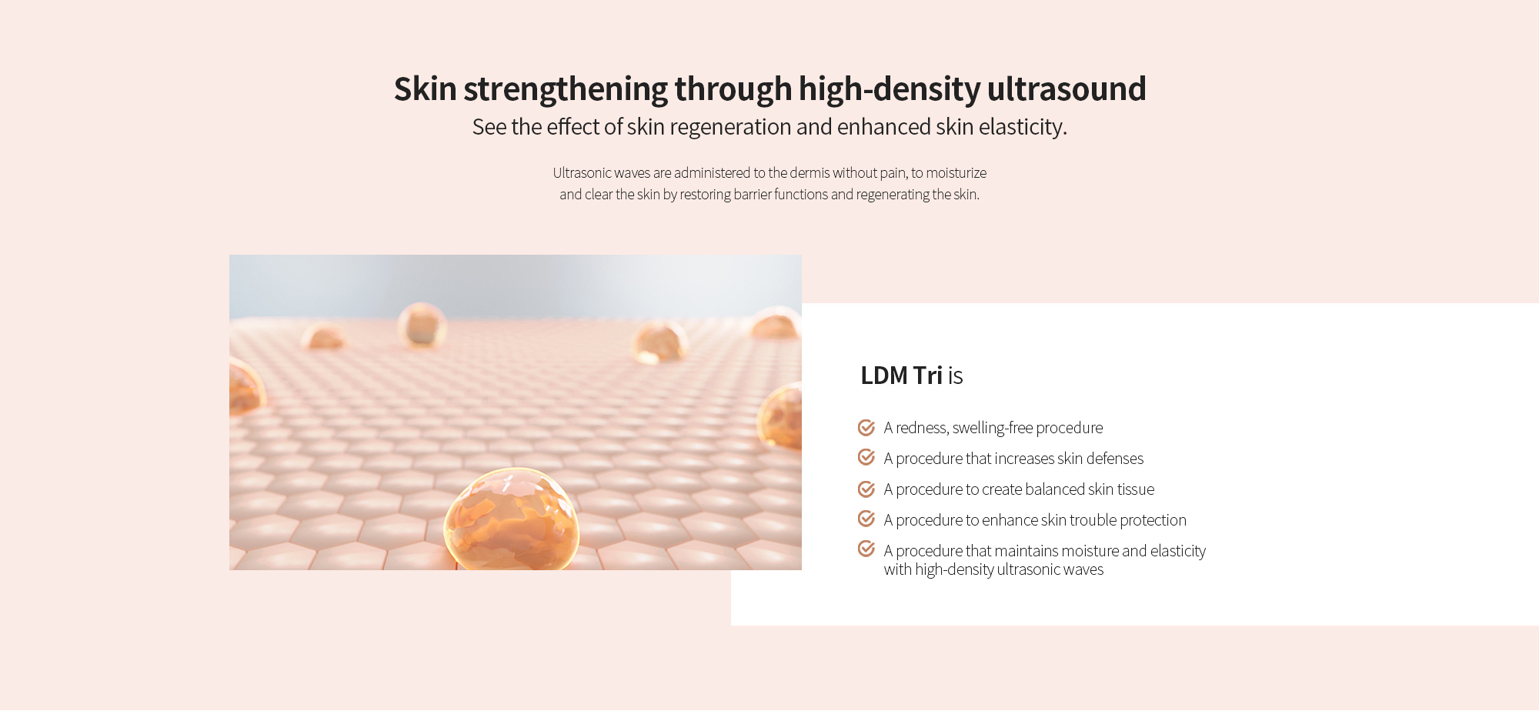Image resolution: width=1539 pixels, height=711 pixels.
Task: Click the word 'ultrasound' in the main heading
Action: pos(1066,88)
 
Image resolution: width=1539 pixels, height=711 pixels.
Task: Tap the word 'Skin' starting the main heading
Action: pos(426,88)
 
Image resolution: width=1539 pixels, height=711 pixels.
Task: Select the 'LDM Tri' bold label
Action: pos(901,376)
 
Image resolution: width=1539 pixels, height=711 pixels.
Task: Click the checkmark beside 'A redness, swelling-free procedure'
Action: pos(866,427)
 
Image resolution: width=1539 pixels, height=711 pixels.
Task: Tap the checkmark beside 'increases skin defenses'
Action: pos(866,458)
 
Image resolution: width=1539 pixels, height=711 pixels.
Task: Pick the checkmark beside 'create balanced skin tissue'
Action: pos(866,489)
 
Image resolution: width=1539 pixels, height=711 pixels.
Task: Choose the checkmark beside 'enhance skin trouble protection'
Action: pos(866,519)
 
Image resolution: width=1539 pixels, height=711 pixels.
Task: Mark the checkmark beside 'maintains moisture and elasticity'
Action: pos(866,549)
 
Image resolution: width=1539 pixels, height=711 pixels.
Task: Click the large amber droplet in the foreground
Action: pos(512,520)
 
